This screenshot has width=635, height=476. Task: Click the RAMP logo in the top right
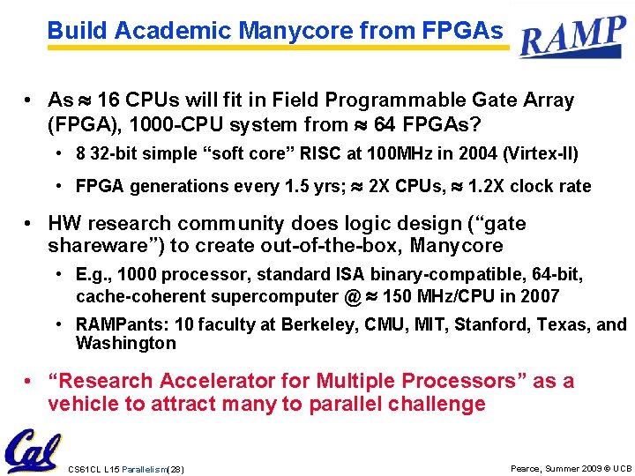click(x=572, y=37)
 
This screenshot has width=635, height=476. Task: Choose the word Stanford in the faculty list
click(x=489, y=325)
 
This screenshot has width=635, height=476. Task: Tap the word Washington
click(x=126, y=343)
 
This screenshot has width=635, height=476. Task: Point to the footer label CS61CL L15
click(x=93, y=468)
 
